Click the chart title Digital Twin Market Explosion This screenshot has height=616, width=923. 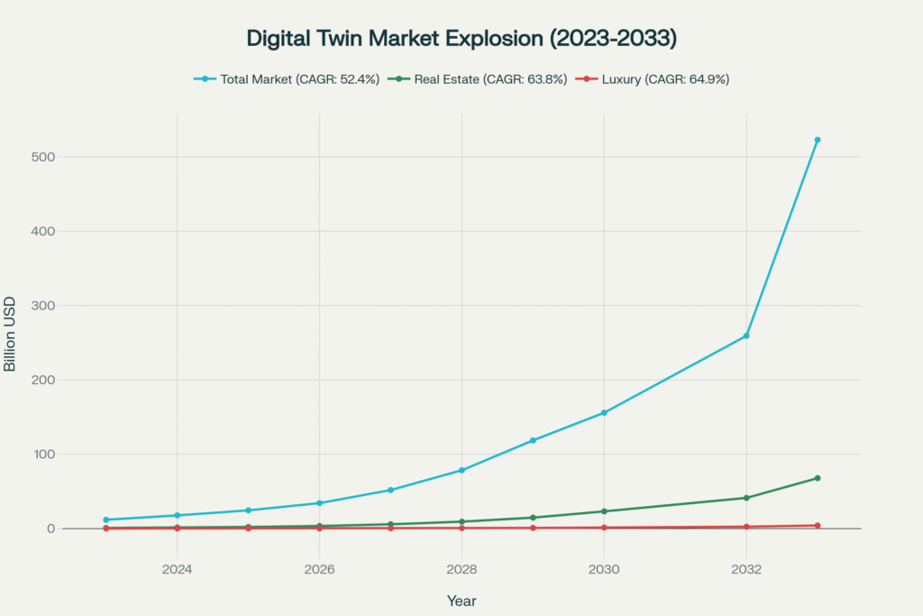pos(461,39)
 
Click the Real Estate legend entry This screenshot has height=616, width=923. pos(477,79)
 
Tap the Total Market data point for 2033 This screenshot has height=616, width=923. pos(818,140)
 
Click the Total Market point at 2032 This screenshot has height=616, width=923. pos(746,336)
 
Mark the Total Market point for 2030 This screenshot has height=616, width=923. pos(604,413)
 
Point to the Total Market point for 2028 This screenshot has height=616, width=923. pos(461,470)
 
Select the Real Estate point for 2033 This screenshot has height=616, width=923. pos(818,478)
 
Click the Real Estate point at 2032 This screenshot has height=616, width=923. pos(746,498)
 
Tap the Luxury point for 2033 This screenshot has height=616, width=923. pos(818,526)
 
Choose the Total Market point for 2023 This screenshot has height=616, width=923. pos(106,519)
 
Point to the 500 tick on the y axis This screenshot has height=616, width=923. pos(42,157)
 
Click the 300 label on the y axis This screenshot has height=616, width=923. pos(42,306)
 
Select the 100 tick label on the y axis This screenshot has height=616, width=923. pos(42,455)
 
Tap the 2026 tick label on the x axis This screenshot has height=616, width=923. pos(319,570)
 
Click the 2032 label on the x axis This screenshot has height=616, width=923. pos(746,570)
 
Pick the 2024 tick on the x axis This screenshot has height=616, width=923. pos(177,570)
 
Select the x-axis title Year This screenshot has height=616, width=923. pos(461,601)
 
